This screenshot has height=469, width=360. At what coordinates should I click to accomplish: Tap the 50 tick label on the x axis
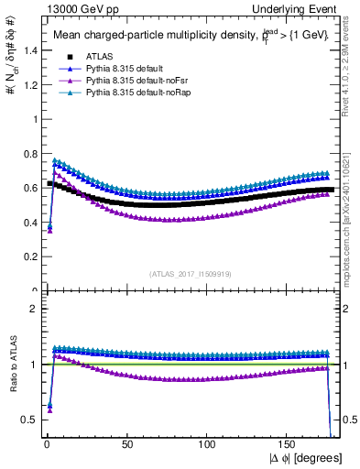coord(125,443)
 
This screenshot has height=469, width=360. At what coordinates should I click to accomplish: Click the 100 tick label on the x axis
coord(207,443)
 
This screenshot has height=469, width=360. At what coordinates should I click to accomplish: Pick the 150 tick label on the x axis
coord(289,443)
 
